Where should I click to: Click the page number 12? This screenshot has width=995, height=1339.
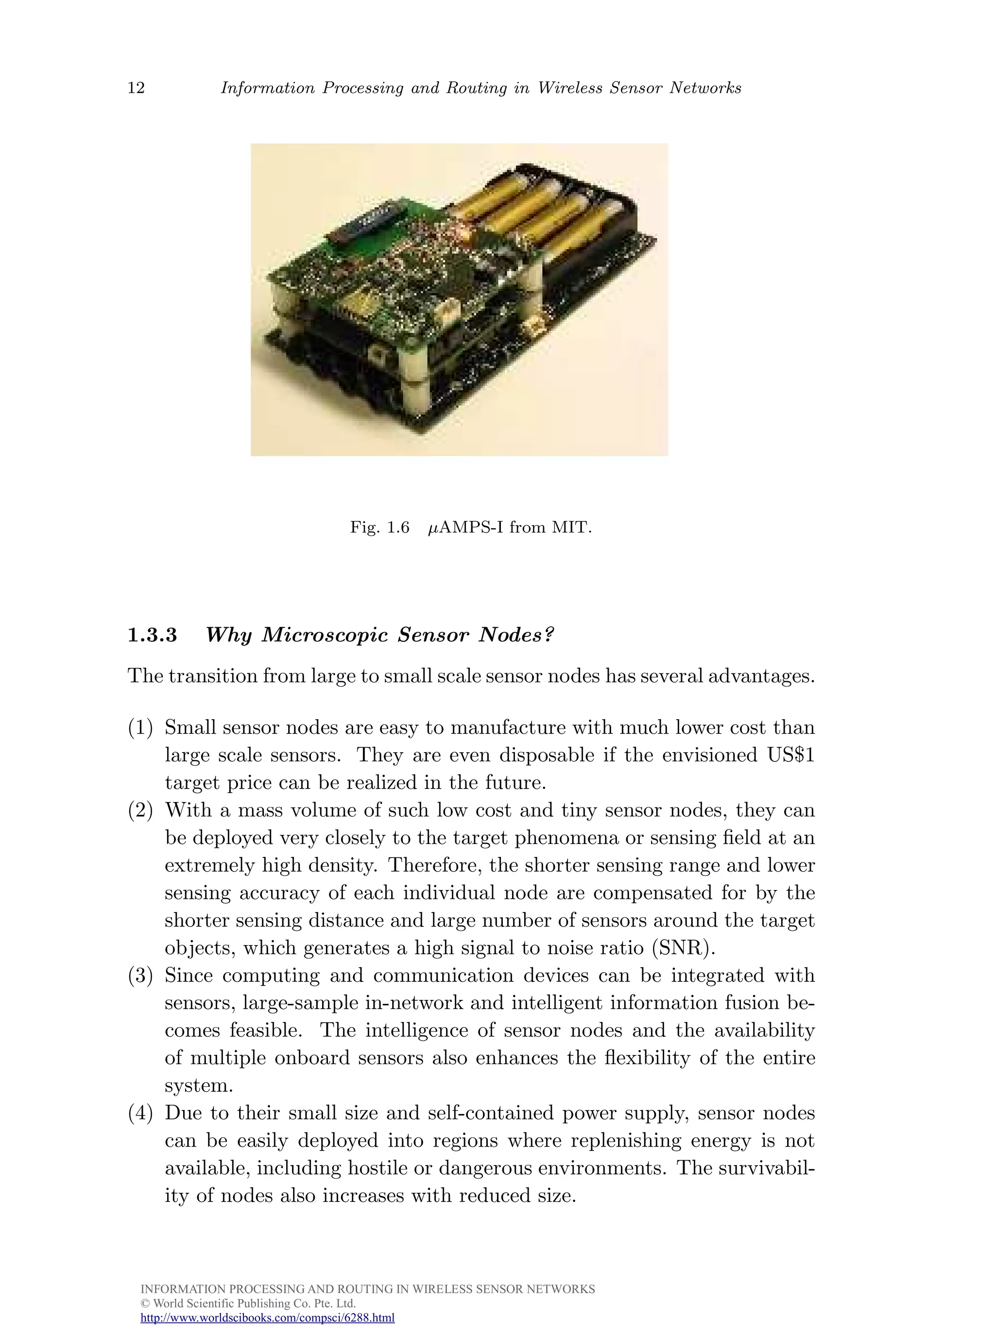coord(136,88)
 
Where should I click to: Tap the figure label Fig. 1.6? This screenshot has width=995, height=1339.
coord(379,528)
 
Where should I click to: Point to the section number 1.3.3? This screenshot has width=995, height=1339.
coord(153,635)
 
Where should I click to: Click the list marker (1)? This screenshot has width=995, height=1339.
coord(140,728)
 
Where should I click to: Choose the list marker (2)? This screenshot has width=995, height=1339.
coord(140,810)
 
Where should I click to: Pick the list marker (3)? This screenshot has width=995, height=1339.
coord(140,975)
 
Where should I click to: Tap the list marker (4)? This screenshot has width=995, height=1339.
coord(140,1113)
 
